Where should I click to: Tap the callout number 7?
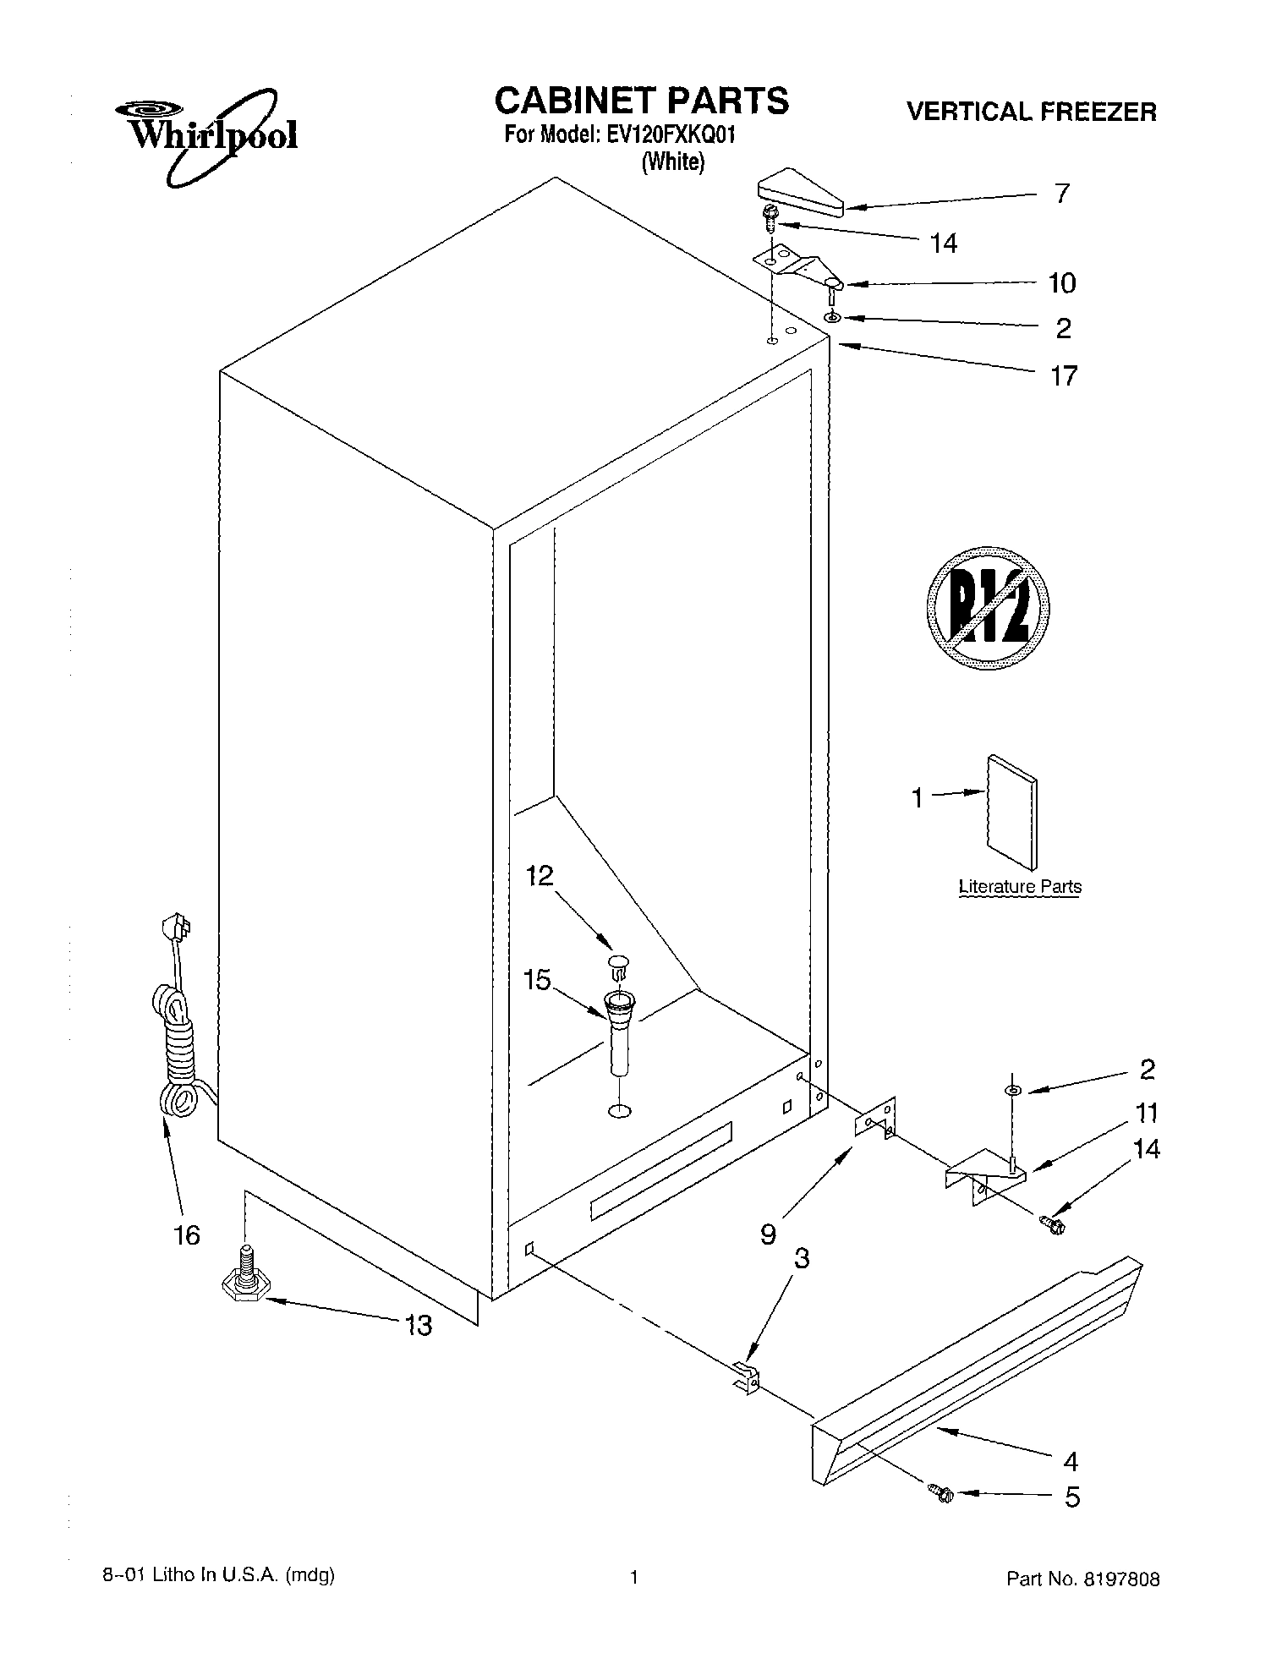pyautogui.click(x=1062, y=194)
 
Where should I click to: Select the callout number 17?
pyautogui.click(x=1063, y=375)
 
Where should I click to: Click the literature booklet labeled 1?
pyautogui.click(x=1011, y=811)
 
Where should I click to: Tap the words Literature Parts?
pyautogui.click(x=1020, y=887)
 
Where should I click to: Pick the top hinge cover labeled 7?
pyautogui.click(x=799, y=194)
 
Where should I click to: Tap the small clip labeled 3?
pyautogui.click(x=745, y=1377)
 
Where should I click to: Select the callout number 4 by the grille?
pyautogui.click(x=1071, y=1461)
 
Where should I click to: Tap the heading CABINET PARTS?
pyautogui.click(x=641, y=101)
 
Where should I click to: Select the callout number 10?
pyautogui.click(x=1062, y=283)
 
